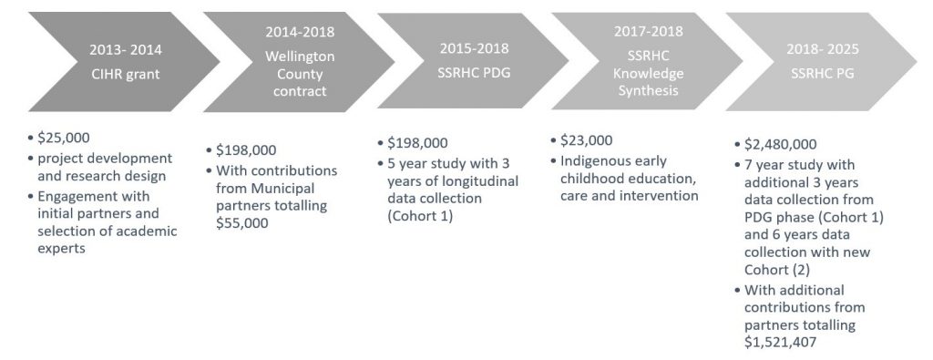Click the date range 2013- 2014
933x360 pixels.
[x=125, y=49]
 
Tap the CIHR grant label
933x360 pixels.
[x=125, y=75]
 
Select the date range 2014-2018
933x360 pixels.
[x=300, y=32]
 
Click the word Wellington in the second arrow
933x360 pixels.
[x=300, y=57]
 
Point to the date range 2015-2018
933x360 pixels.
[x=474, y=49]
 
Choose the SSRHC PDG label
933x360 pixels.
[x=474, y=74]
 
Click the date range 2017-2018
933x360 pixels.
[x=649, y=31]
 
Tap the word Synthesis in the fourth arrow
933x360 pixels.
[x=649, y=91]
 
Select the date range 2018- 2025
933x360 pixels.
[x=823, y=49]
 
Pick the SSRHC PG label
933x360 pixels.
[x=823, y=74]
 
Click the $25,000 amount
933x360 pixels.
[x=64, y=138]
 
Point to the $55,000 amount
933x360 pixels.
[x=242, y=223]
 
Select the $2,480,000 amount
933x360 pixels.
[x=780, y=144]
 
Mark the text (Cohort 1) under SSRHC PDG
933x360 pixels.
[x=420, y=216]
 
